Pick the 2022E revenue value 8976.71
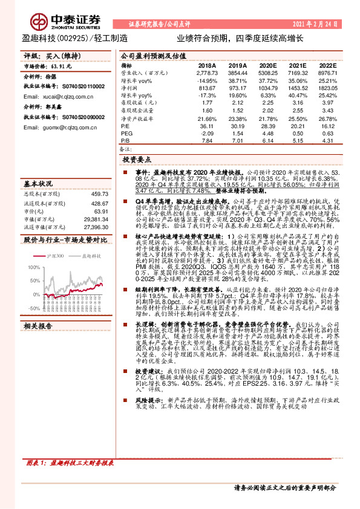pos(327,71)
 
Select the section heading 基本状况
pos(38,183)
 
